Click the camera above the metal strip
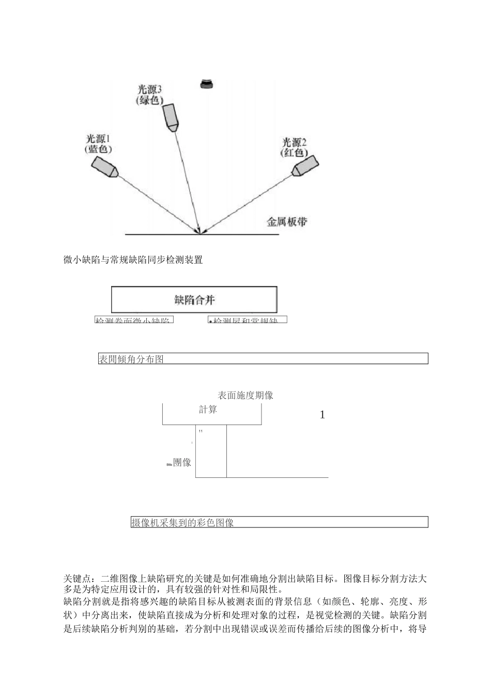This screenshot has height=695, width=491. pos(207,84)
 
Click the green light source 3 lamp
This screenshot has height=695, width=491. pos(171,116)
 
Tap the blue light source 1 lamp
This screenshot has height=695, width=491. pos(105,167)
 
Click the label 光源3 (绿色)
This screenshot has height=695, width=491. pos(150,94)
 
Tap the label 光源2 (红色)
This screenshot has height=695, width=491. pos(294,147)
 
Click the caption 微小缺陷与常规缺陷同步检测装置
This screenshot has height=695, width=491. pos(133,260)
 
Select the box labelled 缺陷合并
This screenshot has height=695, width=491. pos(194,299)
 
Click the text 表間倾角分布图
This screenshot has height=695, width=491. pos(131,359)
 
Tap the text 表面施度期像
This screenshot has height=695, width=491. pos(245,396)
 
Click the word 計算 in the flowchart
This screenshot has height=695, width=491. pos(208,410)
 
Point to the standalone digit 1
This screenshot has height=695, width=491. pos(323,415)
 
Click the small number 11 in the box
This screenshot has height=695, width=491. pos(201,431)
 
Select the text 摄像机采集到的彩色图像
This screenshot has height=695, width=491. pos(182,522)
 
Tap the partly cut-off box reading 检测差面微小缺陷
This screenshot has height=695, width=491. pos(134,320)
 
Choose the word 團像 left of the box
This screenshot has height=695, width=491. pos(182,462)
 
